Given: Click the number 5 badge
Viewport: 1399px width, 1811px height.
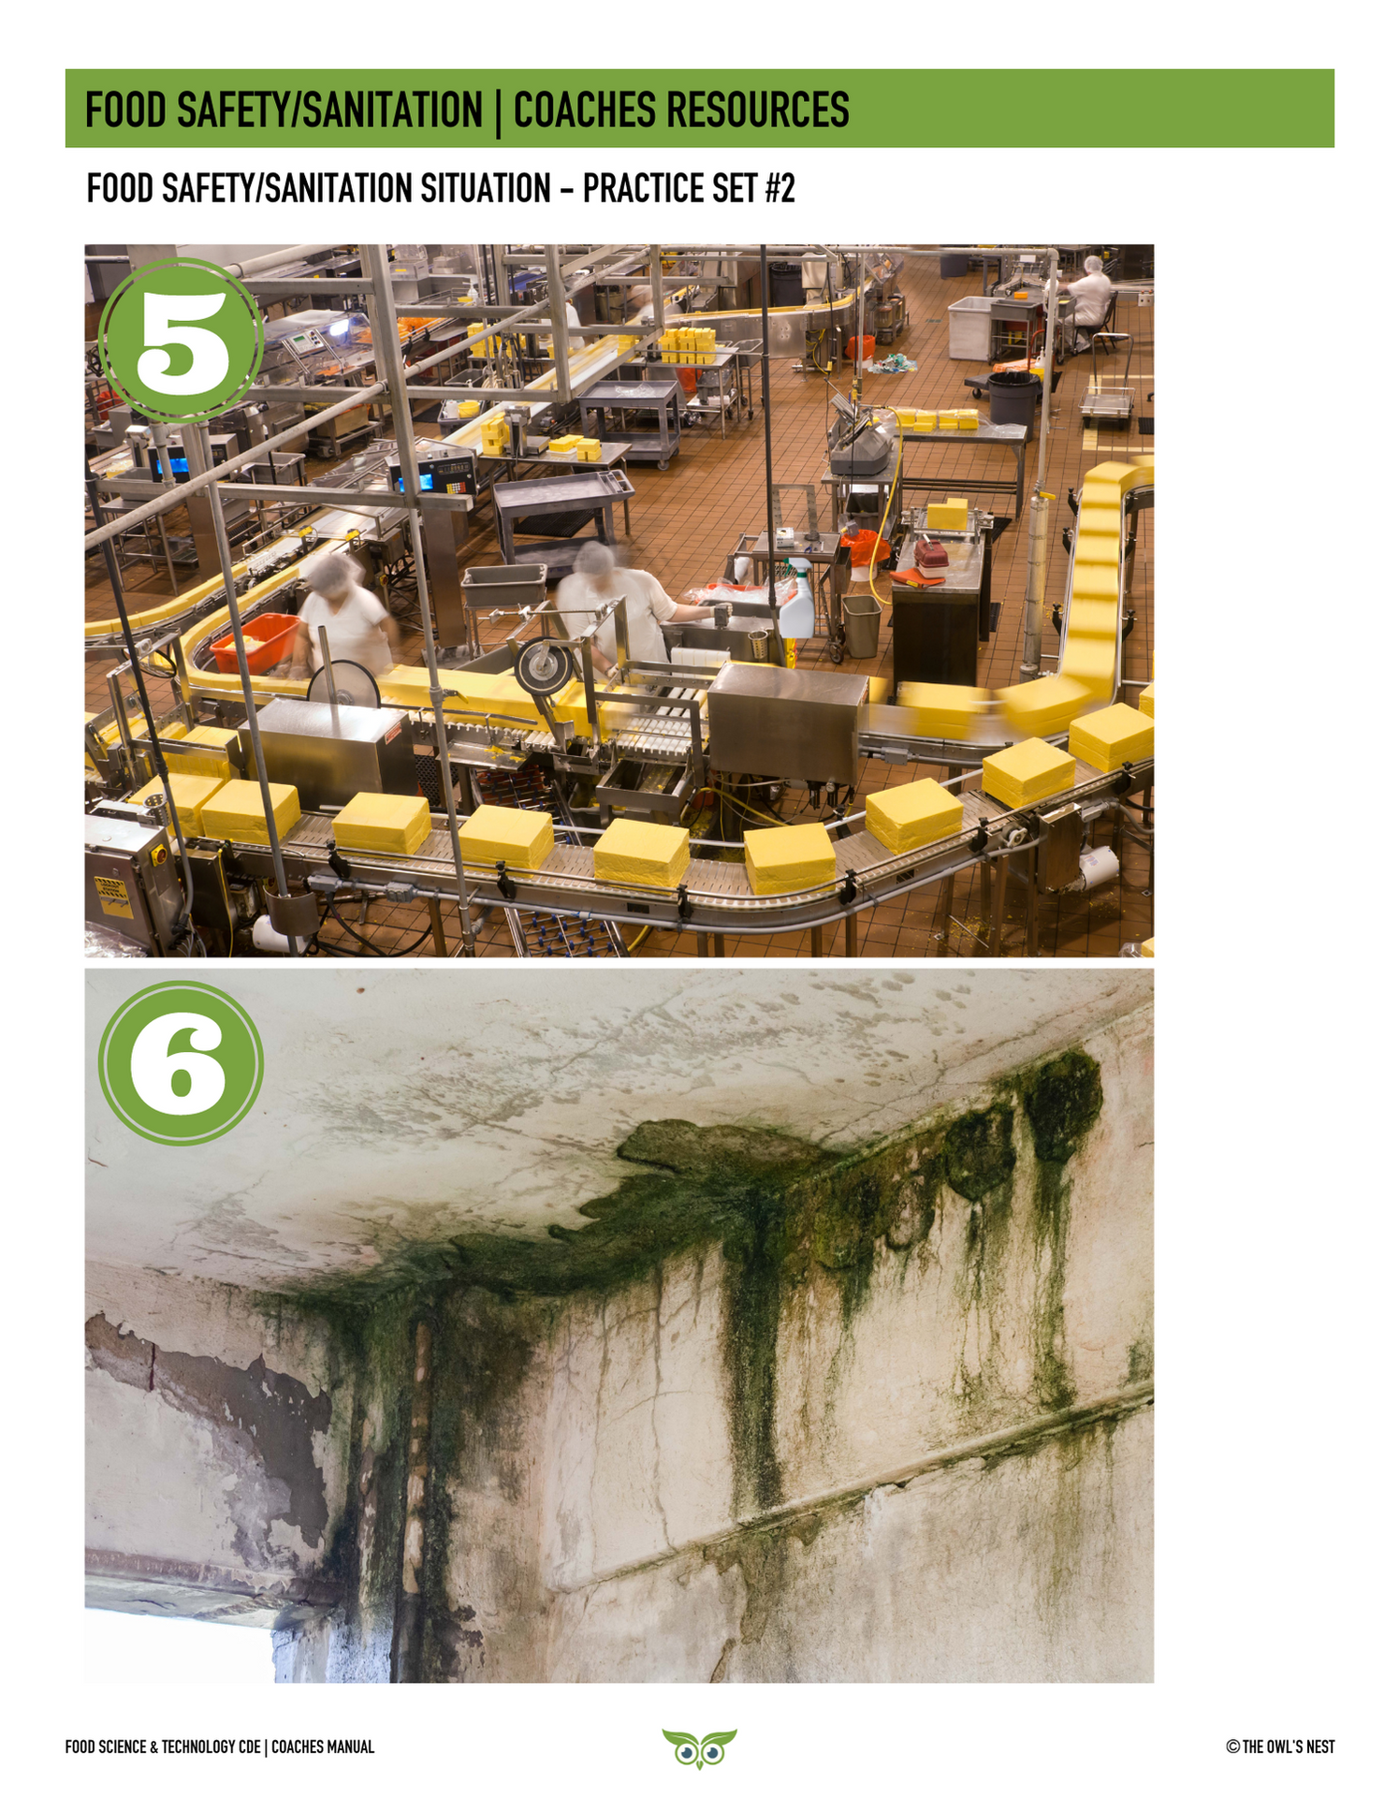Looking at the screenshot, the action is pyautogui.click(x=181, y=341).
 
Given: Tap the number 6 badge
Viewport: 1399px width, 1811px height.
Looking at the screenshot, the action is pyautogui.click(x=181, y=1062).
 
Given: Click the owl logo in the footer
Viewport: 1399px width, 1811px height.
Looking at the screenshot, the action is pyautogui.click(x=699, y=1747).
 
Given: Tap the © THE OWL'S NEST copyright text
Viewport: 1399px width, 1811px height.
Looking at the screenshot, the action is pyautogui.click(x=1280, y=1746).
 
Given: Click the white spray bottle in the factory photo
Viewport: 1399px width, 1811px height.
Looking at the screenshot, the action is pyautogui.click(x=796, y=600).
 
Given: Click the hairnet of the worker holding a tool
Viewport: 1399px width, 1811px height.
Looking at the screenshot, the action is pyautogui.click(x=593, y=559).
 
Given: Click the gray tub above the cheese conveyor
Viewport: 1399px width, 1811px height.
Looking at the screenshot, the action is pyautogui.click(x=503, y=585).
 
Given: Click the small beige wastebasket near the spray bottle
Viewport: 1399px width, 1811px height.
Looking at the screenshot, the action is pyautogui.click(x=861, y=625).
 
